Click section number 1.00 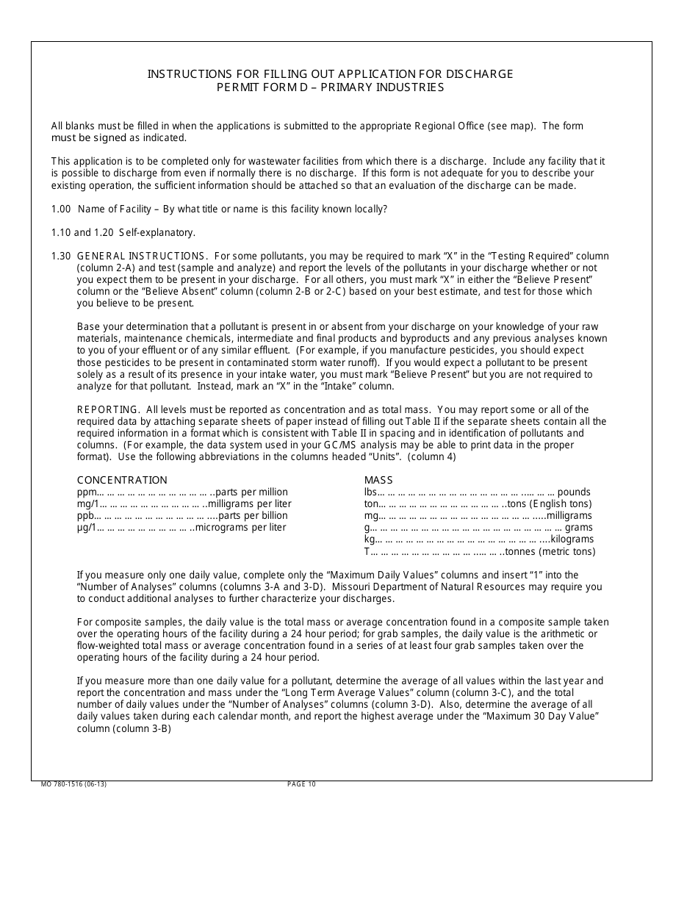[61, 209]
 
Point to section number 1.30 [61, 256]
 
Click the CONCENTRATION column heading [122, 480]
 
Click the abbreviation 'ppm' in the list [86, 492]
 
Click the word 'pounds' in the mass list [574, 492]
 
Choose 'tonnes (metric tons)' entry [553, 551]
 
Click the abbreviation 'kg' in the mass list [369, 539]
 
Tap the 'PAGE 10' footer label [301, 784]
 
